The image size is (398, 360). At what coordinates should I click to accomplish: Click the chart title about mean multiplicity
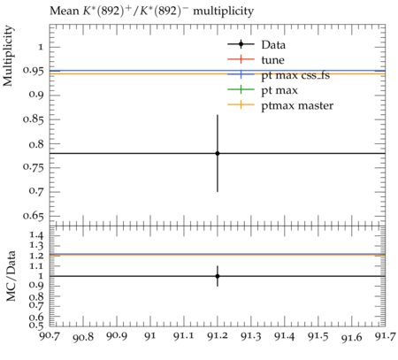(151, 11)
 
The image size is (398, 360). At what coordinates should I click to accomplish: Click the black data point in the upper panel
(218, 153)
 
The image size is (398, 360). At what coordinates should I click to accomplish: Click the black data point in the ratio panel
(218, 276)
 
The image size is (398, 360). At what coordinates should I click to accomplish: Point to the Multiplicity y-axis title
(8, 56)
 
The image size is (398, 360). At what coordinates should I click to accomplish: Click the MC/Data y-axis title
(11, 276)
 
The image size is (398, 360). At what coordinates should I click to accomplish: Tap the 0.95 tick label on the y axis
(34, 71)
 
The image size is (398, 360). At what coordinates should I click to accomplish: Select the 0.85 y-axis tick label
(34, 119)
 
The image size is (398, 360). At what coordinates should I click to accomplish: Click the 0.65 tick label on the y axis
(34, 216)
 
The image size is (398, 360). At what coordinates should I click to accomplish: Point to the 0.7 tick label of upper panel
(36, 191)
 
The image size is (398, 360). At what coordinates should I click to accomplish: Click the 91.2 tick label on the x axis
(218, 336)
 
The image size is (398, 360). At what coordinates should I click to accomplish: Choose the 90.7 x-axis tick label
(50, 336)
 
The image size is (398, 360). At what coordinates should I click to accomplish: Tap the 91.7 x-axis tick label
(385, 336)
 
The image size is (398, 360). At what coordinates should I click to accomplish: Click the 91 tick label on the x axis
(150, 336)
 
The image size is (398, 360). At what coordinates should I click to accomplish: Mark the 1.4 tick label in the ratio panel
(36, 235)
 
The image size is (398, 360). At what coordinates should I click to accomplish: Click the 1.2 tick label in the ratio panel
(36, 256)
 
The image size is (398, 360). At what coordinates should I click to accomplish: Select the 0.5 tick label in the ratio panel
(36, 326)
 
